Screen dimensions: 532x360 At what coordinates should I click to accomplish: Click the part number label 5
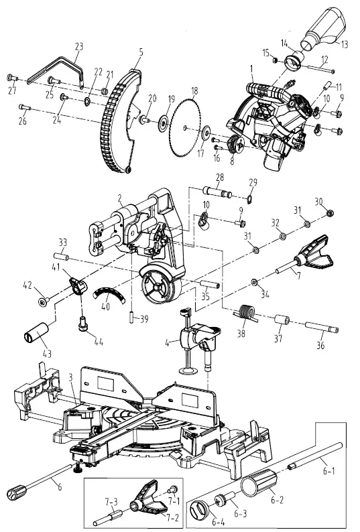141,51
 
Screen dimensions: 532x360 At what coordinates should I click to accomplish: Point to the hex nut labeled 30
330,214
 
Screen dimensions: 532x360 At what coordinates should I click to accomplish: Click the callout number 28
218,177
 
